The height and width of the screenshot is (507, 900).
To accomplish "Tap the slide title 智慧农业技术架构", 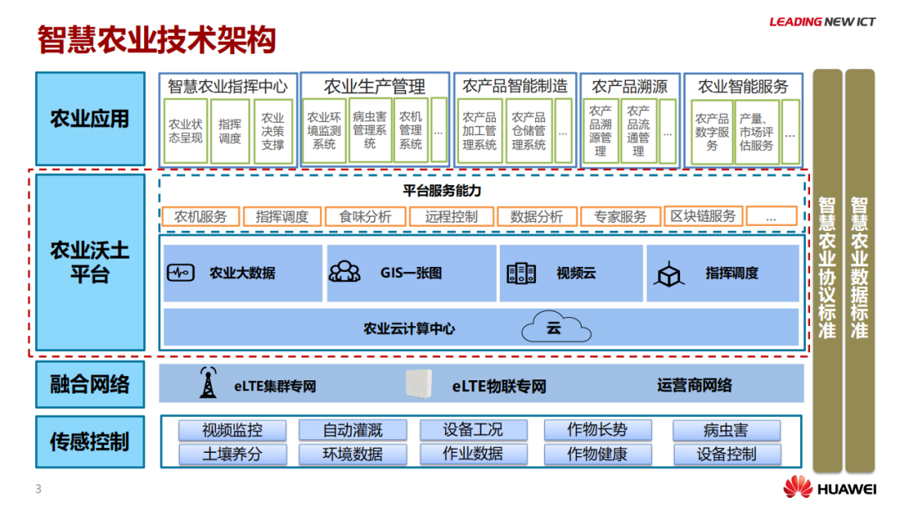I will click(157, 39).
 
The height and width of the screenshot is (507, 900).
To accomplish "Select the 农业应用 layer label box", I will click(90, 119).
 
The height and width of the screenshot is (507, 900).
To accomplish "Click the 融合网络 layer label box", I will click(90, 384).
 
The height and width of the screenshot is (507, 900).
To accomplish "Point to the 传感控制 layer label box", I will click(90, 441).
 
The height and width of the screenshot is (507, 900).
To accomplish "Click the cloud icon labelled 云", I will click(556, 328).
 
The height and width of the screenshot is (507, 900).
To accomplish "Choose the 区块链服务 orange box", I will click(703, 217).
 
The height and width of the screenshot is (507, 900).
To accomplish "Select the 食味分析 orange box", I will click(365, 217).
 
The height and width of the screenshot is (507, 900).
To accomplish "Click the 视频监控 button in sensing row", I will click(232, 430).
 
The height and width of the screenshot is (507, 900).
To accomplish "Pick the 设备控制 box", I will click(727, 454).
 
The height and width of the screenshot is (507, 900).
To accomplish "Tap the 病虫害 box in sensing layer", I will click(727, 430).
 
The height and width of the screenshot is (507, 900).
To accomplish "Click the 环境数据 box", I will click(352, 454).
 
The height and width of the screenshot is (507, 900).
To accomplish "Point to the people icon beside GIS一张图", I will click(344, 273).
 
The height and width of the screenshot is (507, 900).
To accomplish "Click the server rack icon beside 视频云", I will click(521, 273).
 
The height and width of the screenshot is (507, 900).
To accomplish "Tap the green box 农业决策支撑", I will click(272, 132).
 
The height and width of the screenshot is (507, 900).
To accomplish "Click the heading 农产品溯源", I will click(629, 86).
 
